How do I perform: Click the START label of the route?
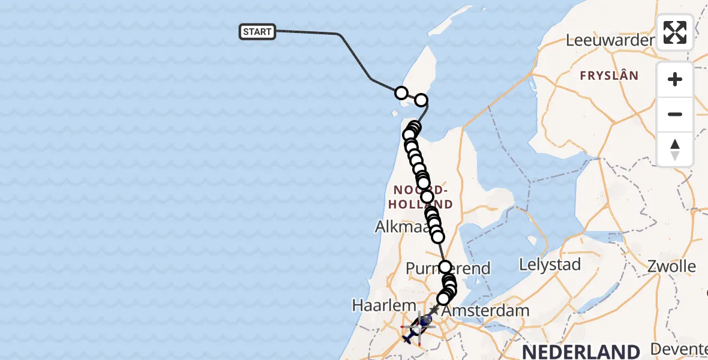[x=257, y=32]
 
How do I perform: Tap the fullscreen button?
[x=675, y=32]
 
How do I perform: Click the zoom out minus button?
[x=675, y=114]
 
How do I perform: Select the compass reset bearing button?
[x=675, y=149]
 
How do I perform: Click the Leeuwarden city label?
[x=610, y=41]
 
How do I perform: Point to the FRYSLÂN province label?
[x=608, y=76]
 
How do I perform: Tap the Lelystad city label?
[x=550, y=265]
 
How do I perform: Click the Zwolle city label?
[x=671, y=266]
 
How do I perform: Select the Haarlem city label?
[x=376, y=305]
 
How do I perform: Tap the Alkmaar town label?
[x=401, y=227]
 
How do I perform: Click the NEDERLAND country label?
[x=581, y=351]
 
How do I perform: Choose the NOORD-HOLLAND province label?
[x=420, y=197]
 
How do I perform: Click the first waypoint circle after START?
[x=401, y=93]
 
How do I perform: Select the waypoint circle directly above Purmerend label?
[x=445, y=266]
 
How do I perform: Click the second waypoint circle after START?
[x=421, y=100]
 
